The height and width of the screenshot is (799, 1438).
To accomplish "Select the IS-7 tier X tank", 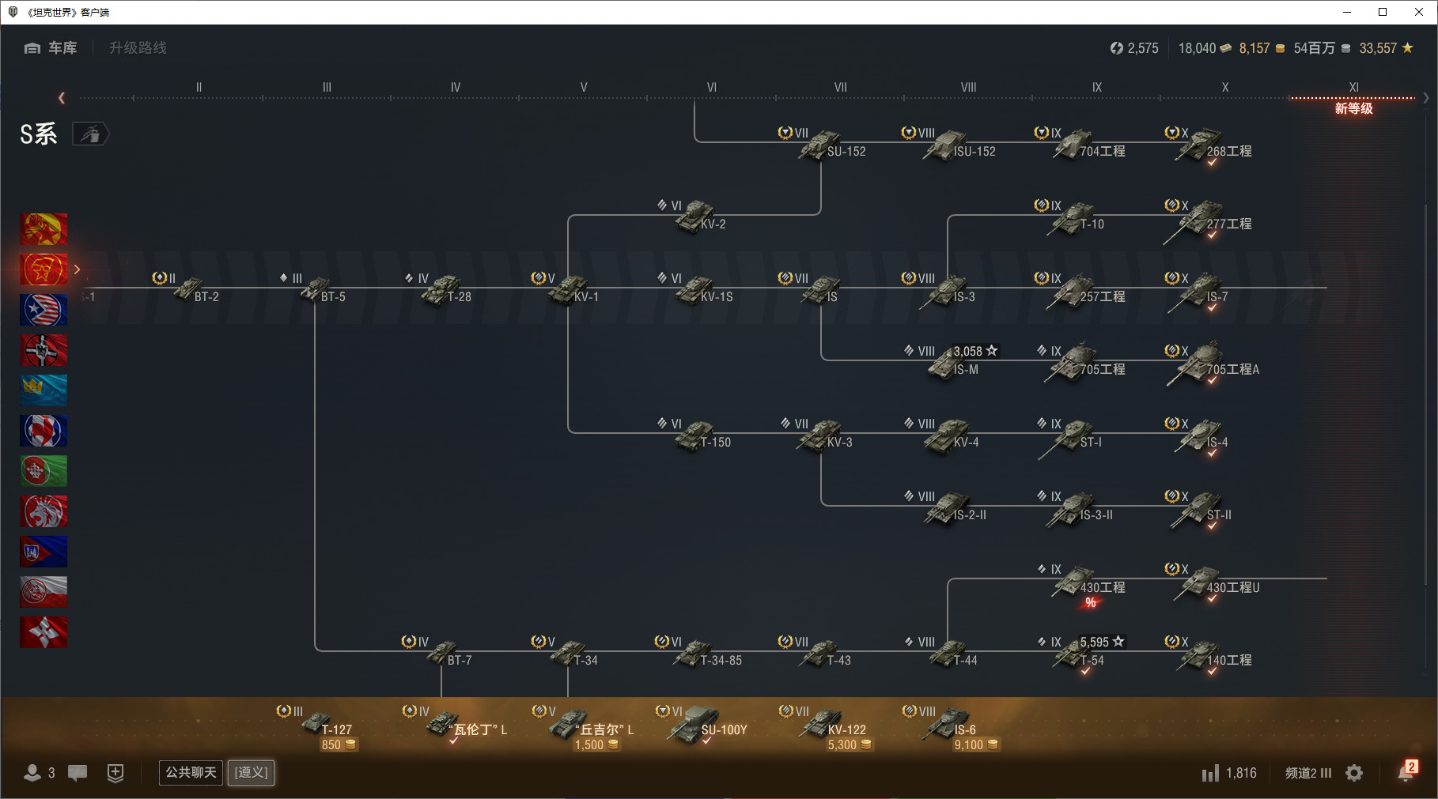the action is (1200, 291).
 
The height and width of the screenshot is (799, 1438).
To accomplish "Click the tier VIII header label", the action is (968, 87).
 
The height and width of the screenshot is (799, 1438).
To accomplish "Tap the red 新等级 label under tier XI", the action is (1353, 108).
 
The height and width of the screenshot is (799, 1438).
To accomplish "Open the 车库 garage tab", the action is (51, 48).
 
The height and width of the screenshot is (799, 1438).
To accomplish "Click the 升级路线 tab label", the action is (138, 48).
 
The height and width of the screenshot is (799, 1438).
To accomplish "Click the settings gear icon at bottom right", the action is (1354, 773).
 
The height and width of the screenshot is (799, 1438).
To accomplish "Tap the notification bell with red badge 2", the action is (1406, 771).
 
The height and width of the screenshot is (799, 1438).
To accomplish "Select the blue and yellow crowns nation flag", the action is (44, 390).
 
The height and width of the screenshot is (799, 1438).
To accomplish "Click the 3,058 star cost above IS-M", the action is (975, 351).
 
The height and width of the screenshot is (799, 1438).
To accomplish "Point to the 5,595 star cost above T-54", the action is (1102, 642).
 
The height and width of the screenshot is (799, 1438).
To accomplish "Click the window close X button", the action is (1419, 12).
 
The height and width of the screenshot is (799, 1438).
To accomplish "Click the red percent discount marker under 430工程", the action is (1091, 603).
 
